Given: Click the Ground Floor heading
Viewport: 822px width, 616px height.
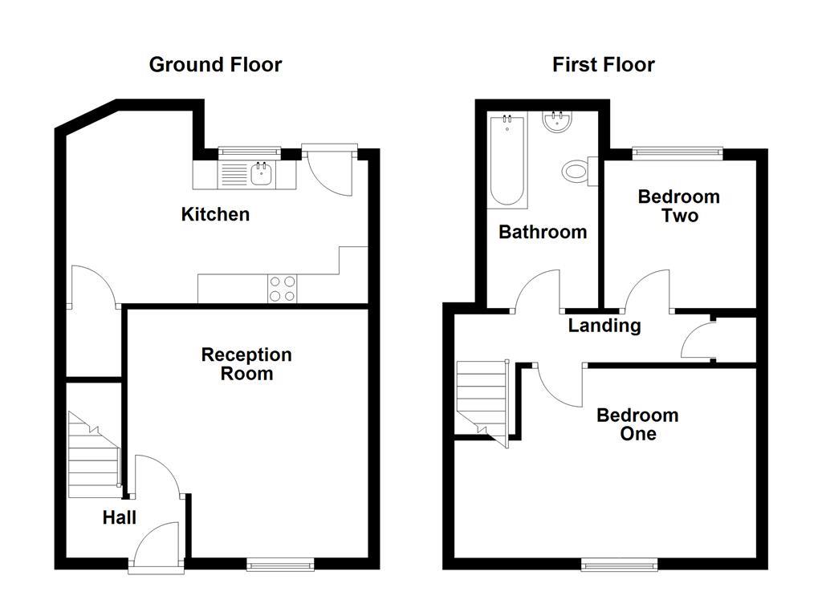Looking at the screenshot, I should [215, 65].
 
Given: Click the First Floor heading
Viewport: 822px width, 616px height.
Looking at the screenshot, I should [603, 65].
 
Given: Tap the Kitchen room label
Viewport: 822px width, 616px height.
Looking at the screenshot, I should [215, 214].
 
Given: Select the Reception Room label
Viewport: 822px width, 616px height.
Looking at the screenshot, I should [246, 364].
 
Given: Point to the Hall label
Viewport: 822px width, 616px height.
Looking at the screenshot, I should [119, 518].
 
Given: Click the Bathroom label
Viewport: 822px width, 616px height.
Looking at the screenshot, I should [543, 232].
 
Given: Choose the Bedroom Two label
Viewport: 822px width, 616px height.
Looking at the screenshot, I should [679, 206].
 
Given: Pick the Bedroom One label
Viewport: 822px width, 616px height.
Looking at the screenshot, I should [637, 424].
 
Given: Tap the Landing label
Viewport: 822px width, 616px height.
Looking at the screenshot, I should [604, 326].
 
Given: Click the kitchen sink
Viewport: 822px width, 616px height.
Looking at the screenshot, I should [260, 173].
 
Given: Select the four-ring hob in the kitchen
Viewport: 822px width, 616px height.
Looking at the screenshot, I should [282, 289].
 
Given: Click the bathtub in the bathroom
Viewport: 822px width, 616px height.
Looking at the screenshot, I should [507, 160].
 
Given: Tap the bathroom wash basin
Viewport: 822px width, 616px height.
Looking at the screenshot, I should [556, 122].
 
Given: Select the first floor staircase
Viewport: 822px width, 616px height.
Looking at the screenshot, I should [482, 397].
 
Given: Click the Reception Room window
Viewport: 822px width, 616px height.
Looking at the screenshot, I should [280, 565].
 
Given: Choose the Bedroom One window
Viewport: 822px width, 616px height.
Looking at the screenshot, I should [620, 565].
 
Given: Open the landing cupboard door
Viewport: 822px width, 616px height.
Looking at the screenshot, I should [697, 342].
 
